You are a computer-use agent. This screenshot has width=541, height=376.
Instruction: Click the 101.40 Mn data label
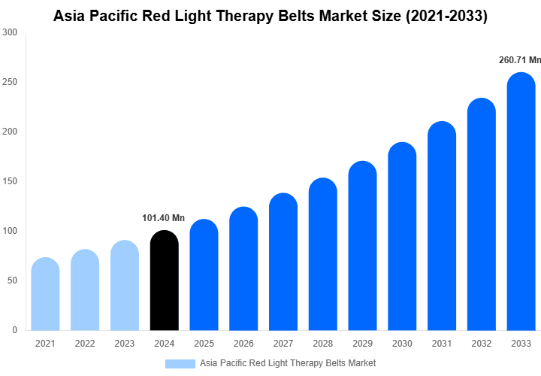click(163, 218)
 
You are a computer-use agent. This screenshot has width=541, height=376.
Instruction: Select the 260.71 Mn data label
click(519, 60)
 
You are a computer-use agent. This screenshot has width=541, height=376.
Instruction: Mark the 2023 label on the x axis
click(124, 344)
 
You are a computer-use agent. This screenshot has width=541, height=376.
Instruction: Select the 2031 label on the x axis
click(441, 344)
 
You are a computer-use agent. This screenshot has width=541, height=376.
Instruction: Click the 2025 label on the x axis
click(204, 344)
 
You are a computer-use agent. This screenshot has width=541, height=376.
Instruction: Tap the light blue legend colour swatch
click(180, 363)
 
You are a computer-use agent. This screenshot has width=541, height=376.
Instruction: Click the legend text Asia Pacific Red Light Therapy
click(263, 363)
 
